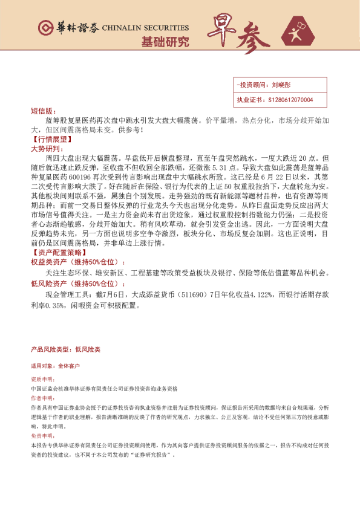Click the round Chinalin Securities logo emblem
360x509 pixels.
pyautogui.click(x=44, y=27)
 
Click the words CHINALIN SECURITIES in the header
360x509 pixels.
pyautogui.click(x=145, y=28)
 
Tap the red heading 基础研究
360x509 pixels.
pyautogui.click(x=165, y=42)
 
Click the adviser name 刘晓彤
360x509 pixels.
pyautogui.click(x=281, y=86)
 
